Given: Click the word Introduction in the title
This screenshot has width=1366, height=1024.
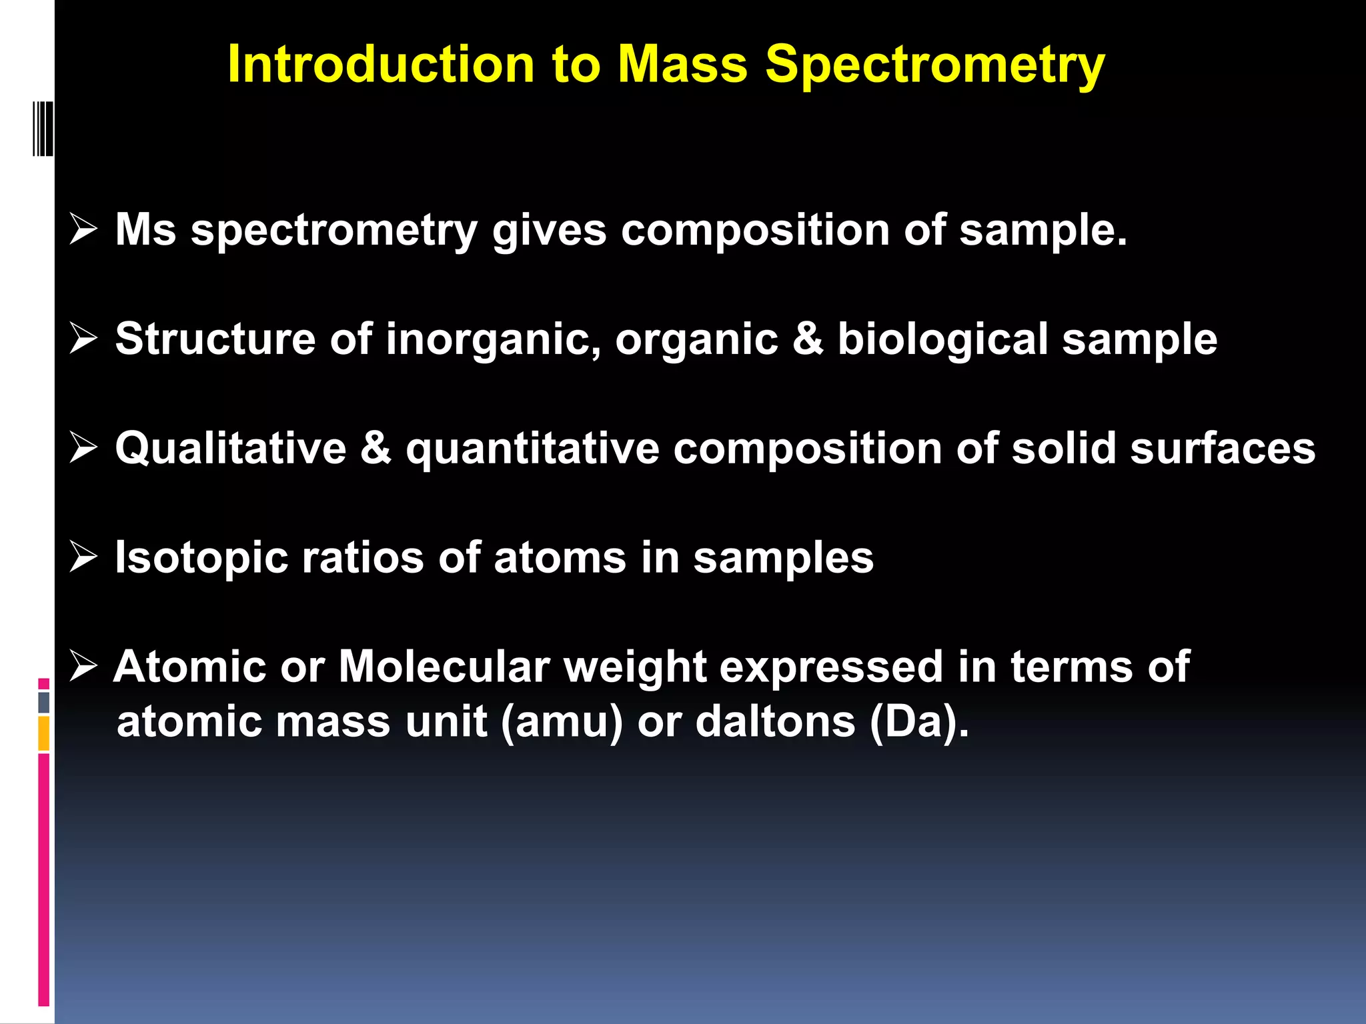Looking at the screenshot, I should [381, 65].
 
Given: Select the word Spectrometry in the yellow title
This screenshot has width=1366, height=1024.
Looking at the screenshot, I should [934, 65].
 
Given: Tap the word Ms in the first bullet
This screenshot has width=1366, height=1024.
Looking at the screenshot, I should [145, 230].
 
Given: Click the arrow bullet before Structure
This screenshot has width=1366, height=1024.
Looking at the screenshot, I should [83, 339].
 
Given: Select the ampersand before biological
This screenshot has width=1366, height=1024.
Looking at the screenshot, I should [808, 339].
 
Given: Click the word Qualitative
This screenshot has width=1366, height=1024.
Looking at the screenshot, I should [231, 448].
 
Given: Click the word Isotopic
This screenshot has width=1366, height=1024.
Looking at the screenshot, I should [201, 558].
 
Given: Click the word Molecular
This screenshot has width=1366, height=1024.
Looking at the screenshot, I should [444, 667].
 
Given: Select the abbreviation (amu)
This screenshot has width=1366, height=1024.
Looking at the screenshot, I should [561, 722].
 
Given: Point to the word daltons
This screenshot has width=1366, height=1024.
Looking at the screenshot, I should [775, 722].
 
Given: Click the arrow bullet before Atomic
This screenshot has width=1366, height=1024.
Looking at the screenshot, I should [83, 667].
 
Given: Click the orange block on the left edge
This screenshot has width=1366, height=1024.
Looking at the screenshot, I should [43, 733].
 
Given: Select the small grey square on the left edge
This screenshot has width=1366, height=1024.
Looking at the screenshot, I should [43, 702].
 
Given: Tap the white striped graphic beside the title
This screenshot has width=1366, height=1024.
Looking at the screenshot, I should [43, 129].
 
